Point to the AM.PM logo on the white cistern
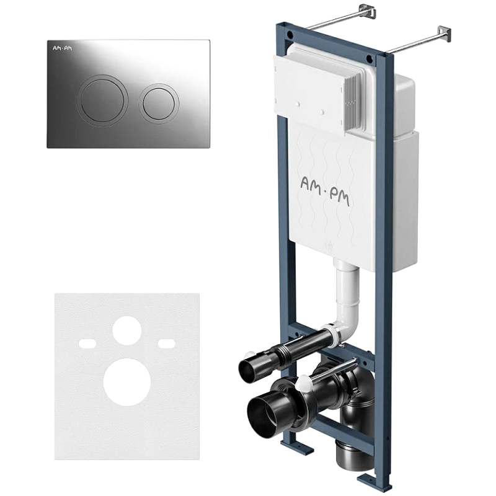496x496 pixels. tap(325, 192)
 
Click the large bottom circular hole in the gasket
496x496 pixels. tap(127, 382)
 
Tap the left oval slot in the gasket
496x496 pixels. tap(87, 342)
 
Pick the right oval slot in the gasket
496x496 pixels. tap(167, 342)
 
